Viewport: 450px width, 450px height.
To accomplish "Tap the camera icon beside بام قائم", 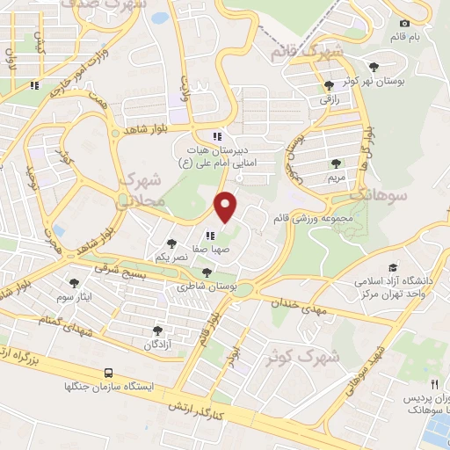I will coord(404,23).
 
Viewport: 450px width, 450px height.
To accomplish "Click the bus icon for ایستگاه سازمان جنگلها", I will coord(108,373).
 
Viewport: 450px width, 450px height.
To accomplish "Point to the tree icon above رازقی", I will coord(329,85).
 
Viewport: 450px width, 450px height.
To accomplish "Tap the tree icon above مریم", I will coord(336,163).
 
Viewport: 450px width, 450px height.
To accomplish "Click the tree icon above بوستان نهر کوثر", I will coord(375,66).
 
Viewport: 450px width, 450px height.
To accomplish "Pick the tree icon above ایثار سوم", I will coord(73,283).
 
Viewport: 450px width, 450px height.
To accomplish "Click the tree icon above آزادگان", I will coord(157,330).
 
